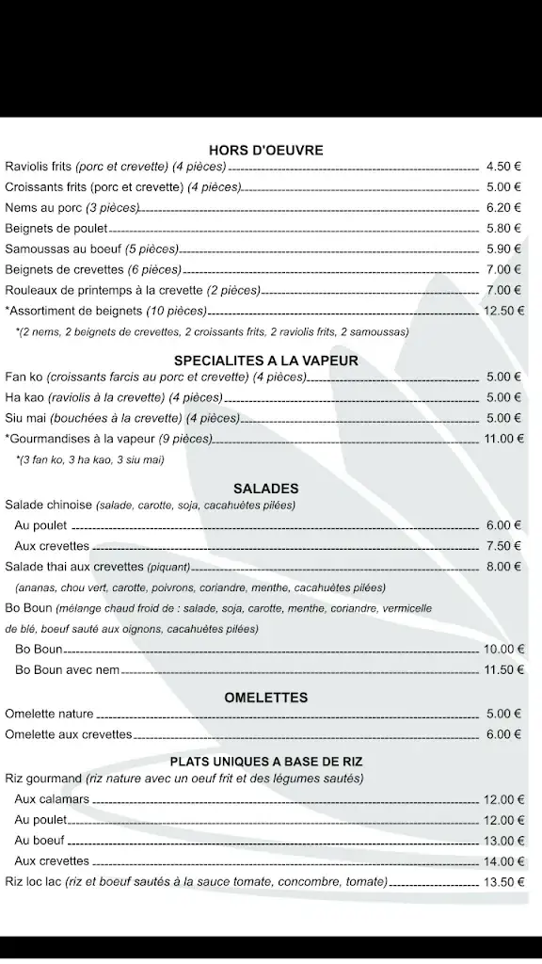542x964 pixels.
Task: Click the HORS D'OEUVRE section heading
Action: coord(265,150)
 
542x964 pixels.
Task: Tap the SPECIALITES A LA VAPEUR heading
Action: coord(265,361)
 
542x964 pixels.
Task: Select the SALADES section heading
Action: coord(265,489)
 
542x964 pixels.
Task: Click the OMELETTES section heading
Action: coord(265,698)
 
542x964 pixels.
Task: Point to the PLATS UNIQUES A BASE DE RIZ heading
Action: coord(266,761)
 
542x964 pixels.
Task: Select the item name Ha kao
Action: coord(24,397)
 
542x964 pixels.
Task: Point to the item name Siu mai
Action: coord(24,418)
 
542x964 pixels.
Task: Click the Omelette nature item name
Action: coord(49,715)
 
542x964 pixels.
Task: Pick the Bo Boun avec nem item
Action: coord(67,670)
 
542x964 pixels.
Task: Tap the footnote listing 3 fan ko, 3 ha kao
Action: coord(90,459)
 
